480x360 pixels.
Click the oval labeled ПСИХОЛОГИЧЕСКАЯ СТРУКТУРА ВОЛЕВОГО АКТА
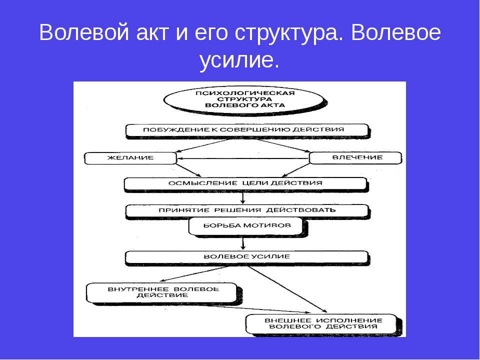coord(244,99)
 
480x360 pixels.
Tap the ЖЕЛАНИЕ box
coord(130,158)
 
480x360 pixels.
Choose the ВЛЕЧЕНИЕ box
coord(355,158)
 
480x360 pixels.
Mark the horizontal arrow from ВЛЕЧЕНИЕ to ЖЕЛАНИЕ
coord(243,158)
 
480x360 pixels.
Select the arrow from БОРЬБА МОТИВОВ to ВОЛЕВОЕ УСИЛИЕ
coord(243,243)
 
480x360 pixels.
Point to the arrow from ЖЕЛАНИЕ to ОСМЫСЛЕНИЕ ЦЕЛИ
coord(188,170)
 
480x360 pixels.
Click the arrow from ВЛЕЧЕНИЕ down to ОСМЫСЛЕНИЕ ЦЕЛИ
coord(295,170)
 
